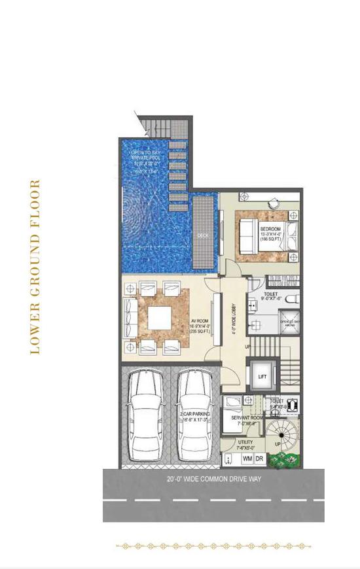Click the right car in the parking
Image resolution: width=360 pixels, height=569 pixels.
194,419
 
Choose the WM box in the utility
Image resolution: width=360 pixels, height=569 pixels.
247,459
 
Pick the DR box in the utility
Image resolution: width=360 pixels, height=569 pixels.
260,459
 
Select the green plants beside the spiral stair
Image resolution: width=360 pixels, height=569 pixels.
285,460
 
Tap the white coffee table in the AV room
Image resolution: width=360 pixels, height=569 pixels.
159,319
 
